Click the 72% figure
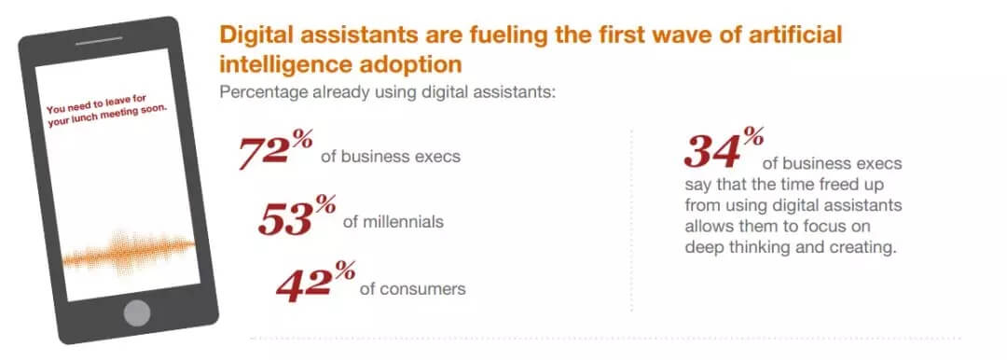[x=275, y=150]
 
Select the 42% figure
[x=315, y=283]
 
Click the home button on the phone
[x=137, y=312]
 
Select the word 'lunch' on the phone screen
[x=88, y=118]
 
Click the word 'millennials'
[x=393, y=222]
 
